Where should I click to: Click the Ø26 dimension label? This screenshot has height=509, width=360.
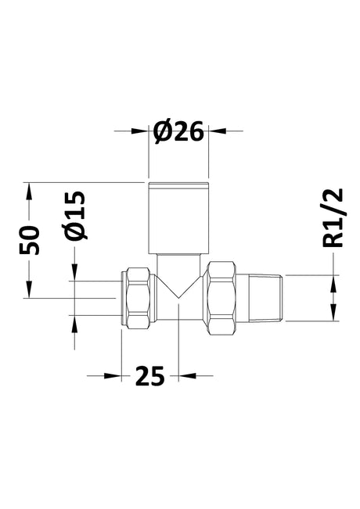coord(178,132)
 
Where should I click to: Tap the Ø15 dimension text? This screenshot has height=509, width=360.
coord(76,215)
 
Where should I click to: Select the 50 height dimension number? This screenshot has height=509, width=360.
coord(30,240)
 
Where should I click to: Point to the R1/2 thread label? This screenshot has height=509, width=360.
coord(333,218)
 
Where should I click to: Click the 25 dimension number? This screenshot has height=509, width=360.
coord(149,376)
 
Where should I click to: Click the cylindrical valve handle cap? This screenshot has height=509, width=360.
coord(178,218)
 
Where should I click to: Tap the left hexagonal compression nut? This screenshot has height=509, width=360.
coord(139,298)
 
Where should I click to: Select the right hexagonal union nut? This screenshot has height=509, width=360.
coord(222,298)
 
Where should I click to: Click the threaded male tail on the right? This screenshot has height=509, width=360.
coord(260,298)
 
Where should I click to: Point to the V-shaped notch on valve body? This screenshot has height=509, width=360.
coord(178,287)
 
